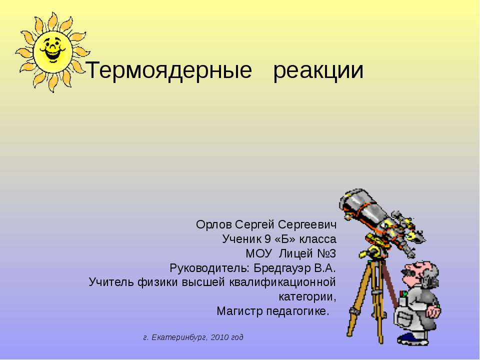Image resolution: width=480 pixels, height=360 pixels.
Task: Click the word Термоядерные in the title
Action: tap(169, 71)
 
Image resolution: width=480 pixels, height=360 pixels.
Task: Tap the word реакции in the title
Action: tap(318, 71)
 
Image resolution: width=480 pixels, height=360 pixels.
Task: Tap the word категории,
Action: tap(307, 296)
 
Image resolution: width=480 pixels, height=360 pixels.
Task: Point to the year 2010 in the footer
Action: tap(220, 337)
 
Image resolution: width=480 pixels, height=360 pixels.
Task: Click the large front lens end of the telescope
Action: tap(353, 199)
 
